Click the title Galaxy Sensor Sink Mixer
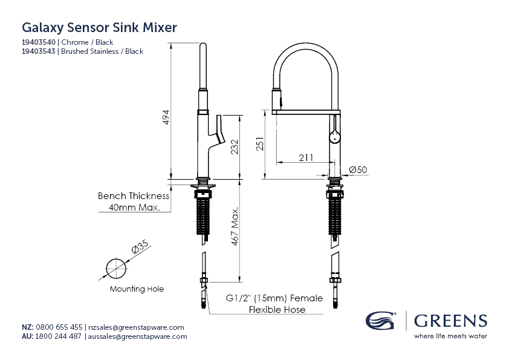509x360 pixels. (99, 27)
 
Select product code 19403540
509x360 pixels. (39, 42)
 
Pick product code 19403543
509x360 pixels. (39, 51)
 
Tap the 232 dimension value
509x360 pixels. (235, 148)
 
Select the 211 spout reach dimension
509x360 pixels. (306, 158)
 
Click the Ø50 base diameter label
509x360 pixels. (359, 170)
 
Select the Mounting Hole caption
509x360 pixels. (137, 289)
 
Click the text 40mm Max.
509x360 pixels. (134, 208)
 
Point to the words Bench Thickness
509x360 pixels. (134, 196)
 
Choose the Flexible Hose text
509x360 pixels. (277, 310)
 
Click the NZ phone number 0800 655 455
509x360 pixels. (59, 327)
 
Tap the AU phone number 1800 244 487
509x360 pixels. (59, 336)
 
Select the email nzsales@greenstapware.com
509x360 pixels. (136, 327)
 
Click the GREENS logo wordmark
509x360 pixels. (450, 320)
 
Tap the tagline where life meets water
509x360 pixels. (450, 336)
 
